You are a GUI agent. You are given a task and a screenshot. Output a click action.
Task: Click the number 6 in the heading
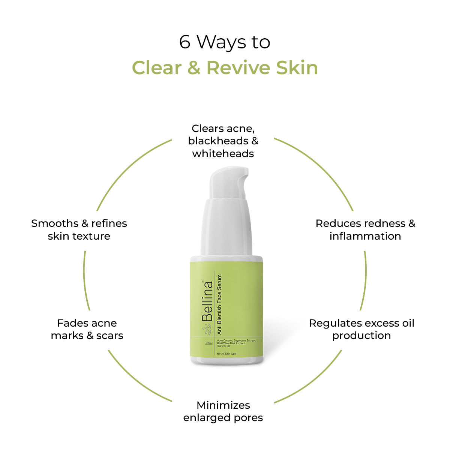point(184,42)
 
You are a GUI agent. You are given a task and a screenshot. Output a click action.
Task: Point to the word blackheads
point(218,141)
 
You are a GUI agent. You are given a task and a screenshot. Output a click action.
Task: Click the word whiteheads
point(223,154)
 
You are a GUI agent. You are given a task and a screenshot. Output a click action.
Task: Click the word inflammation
point(365,236)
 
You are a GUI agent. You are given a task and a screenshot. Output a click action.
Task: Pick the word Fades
point(73,323)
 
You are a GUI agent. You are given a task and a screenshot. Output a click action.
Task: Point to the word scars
point(110,336)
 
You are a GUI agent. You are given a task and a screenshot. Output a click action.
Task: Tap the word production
point(361,336)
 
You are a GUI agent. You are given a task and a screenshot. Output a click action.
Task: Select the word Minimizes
point(223,405)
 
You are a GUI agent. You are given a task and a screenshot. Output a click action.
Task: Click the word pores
point(248,418)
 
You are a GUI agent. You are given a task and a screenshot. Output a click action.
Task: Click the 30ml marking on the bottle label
point(208,343)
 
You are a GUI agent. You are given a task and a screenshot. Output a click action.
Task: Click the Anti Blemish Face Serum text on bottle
point(219,304)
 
